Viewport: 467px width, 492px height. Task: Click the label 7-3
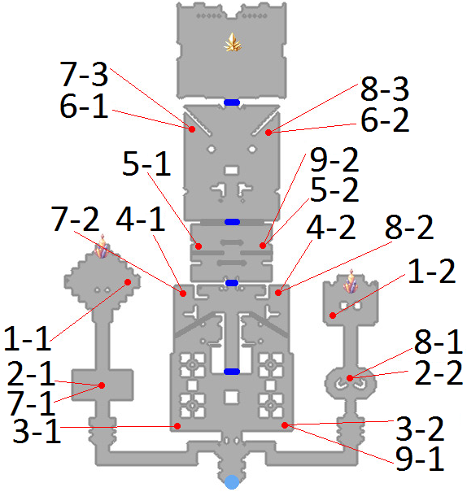coord(84,74)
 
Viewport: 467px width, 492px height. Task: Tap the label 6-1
coord(84,106)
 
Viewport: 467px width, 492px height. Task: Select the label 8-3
coord(385,89)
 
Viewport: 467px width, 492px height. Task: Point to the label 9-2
coord(334,159)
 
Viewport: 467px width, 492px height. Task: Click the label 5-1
coord(147,163)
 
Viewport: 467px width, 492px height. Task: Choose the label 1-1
coord(28,338)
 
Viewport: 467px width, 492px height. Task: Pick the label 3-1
coord(37,430)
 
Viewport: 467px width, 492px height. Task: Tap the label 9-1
coord(420,458)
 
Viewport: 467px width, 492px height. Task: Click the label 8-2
coord(409,227)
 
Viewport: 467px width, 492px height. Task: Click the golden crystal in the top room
coord(233,42)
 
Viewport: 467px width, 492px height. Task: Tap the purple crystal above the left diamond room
coord(102,246)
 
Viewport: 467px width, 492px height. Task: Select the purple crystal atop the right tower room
coord(351,281)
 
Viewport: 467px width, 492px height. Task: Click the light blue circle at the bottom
coord(232,482)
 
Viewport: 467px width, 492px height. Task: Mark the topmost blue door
coord(232,102)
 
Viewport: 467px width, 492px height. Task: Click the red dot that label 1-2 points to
coord(333,316)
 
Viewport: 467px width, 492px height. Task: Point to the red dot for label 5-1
coord(199,246)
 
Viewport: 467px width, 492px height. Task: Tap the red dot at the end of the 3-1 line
coord(177,426)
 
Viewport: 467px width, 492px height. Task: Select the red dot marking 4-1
coord(183,294)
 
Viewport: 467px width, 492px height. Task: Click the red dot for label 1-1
coord(128,282)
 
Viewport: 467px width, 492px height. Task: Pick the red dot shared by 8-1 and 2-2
coord(350,378)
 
